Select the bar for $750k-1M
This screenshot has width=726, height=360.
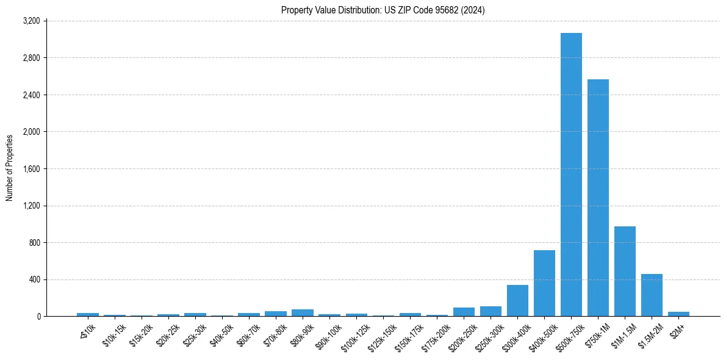[x=598, y=198]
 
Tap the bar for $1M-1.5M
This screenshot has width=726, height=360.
[x=625, y=271]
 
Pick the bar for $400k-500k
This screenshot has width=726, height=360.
[x=544, y=283]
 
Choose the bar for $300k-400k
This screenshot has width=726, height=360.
[x=517, y=301]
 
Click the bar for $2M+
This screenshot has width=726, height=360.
[x=678, y=314]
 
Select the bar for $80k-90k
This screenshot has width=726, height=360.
[x=303, y=312]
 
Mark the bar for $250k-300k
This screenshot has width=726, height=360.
[x=491, y=311]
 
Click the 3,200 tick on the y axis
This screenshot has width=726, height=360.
[x=31, y=21]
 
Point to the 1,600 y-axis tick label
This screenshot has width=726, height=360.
[x=31, y=169]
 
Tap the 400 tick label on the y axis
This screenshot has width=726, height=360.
[x=34, y=279]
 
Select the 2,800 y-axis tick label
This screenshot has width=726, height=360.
[x=31, y=58]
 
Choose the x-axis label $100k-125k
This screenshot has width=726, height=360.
[x=354, y=337]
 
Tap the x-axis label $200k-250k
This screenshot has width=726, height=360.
[x=462, y=337]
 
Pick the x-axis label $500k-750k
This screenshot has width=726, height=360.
[x=569, y=337]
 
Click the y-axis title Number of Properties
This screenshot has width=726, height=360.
[x=10, y=168]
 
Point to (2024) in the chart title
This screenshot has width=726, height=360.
[x=473, y=10]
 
